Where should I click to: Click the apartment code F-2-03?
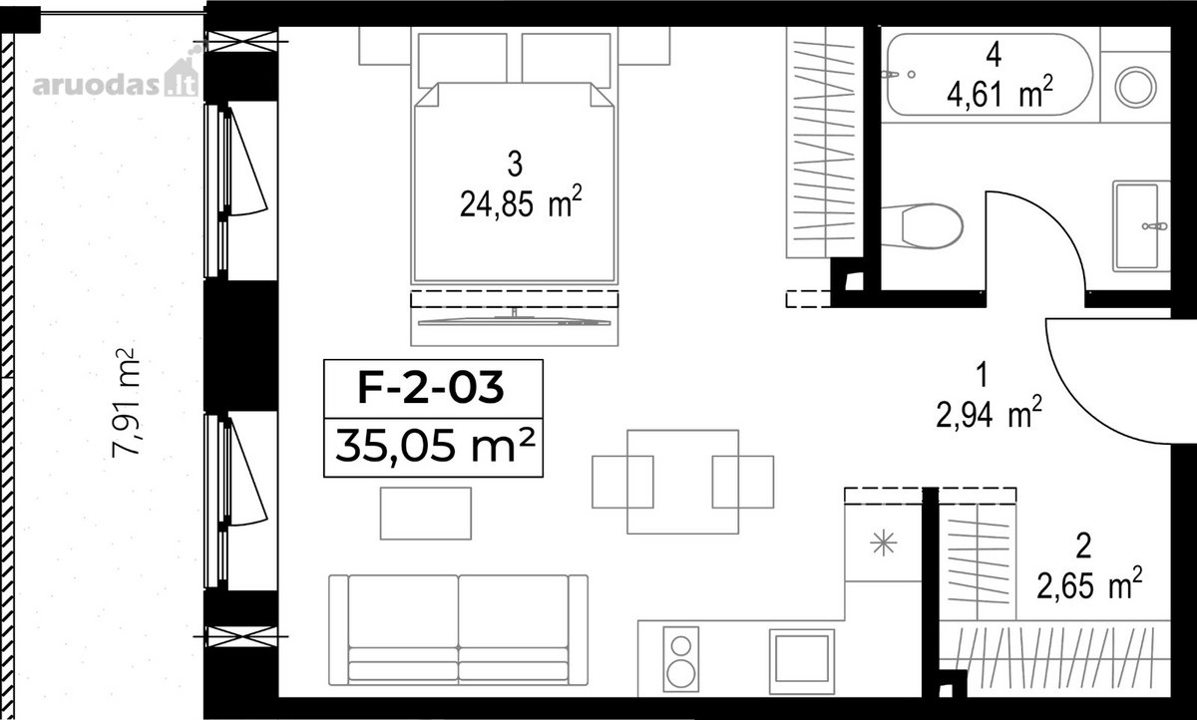pos(431,388)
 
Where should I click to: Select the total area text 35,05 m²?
pos(435,446)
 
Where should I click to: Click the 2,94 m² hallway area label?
pos(990,412)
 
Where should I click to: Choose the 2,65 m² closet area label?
pos(1089,583)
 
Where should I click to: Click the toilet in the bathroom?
pos(922,226)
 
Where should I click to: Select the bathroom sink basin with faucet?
pos(1140,226)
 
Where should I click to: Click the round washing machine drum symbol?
pos(1135,87)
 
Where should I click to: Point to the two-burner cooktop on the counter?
pos(680,659)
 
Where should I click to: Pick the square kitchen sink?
pos(802,661)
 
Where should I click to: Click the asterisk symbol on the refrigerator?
pos(884,543)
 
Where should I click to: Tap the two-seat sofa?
pos(459,629)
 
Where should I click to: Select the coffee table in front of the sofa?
pos(426,514)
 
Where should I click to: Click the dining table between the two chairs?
pos(683,482)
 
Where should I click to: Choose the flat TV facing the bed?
pos(514,320)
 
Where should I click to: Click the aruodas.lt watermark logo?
pos(116,79)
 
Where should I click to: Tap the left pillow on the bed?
pos(462,59)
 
